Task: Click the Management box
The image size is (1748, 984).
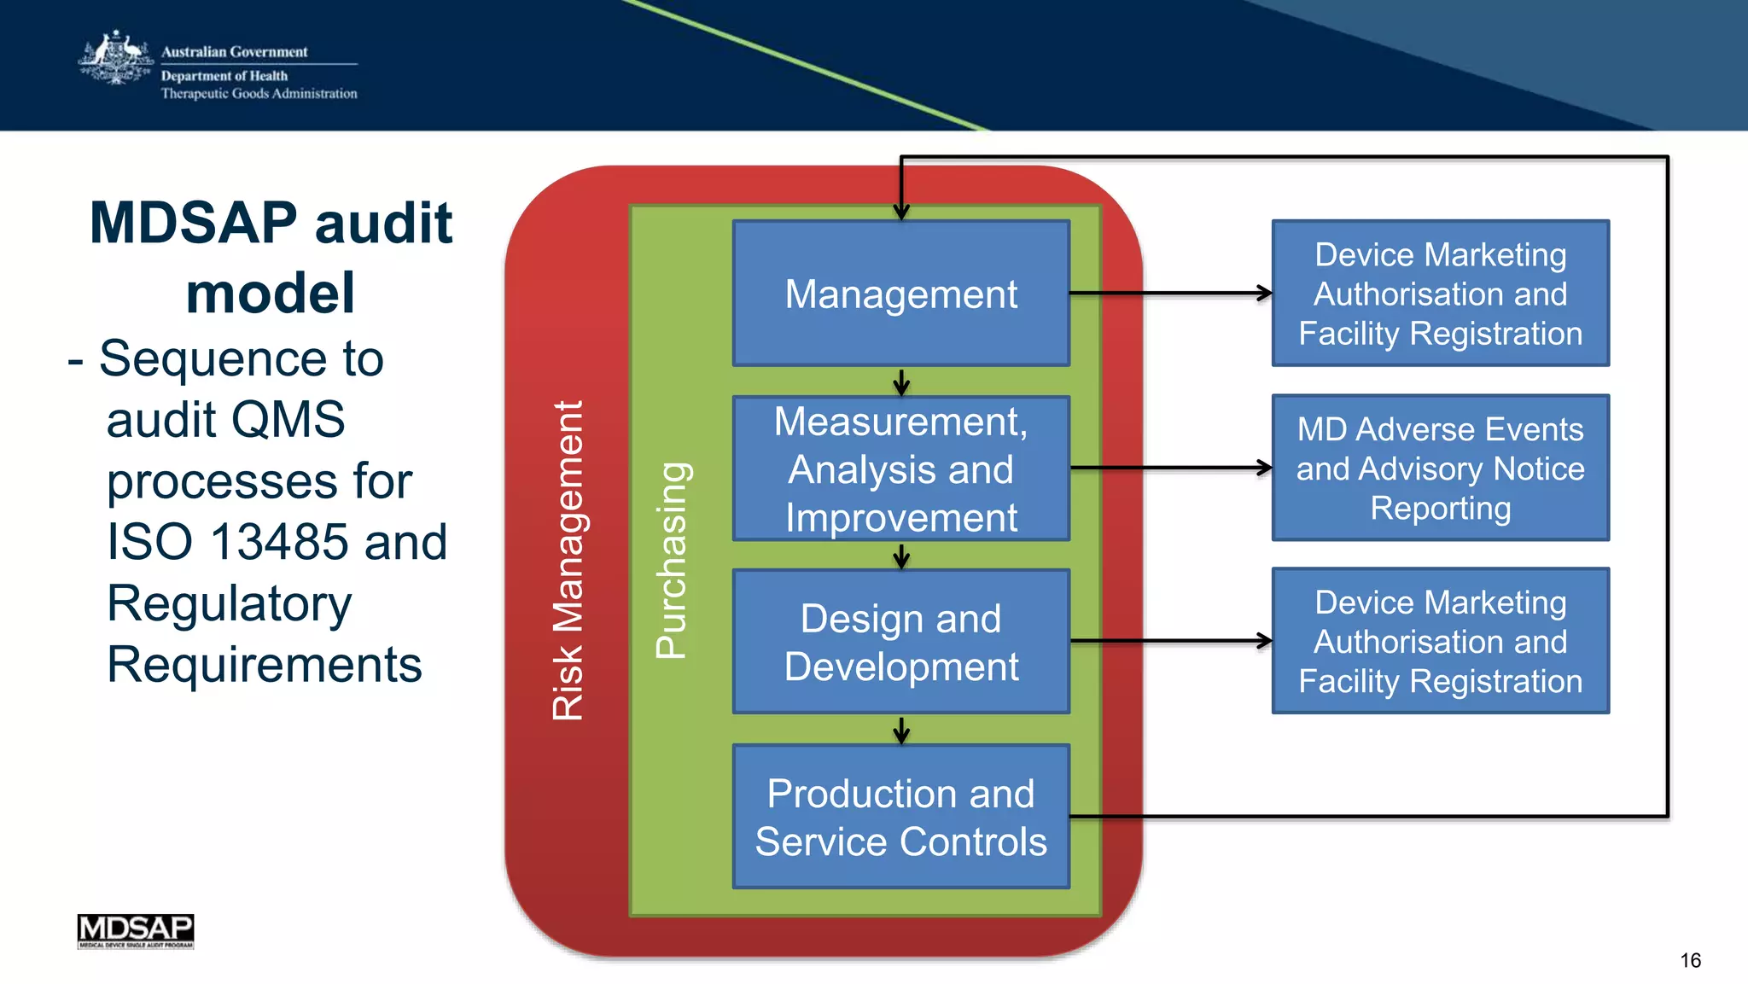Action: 900,294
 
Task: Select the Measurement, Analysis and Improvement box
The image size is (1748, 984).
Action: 900,469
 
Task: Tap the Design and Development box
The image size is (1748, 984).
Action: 900,642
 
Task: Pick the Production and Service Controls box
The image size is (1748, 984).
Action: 900,817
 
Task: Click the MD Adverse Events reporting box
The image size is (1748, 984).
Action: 1440,468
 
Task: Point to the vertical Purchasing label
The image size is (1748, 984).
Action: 672,560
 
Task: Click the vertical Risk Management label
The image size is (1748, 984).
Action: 568,560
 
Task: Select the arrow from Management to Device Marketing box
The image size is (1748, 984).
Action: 1169,294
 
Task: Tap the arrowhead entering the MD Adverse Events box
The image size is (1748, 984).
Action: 1264,468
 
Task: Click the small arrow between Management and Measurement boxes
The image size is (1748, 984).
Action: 901,382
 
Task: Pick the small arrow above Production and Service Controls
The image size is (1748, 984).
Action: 901,731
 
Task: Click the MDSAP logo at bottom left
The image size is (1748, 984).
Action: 136,930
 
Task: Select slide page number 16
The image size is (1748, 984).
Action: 1690,960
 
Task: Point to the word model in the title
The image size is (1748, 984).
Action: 270,293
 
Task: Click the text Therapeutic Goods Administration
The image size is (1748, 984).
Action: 259,93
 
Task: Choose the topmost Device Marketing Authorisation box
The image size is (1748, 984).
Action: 1440,294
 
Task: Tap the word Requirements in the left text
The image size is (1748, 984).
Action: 264,664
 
